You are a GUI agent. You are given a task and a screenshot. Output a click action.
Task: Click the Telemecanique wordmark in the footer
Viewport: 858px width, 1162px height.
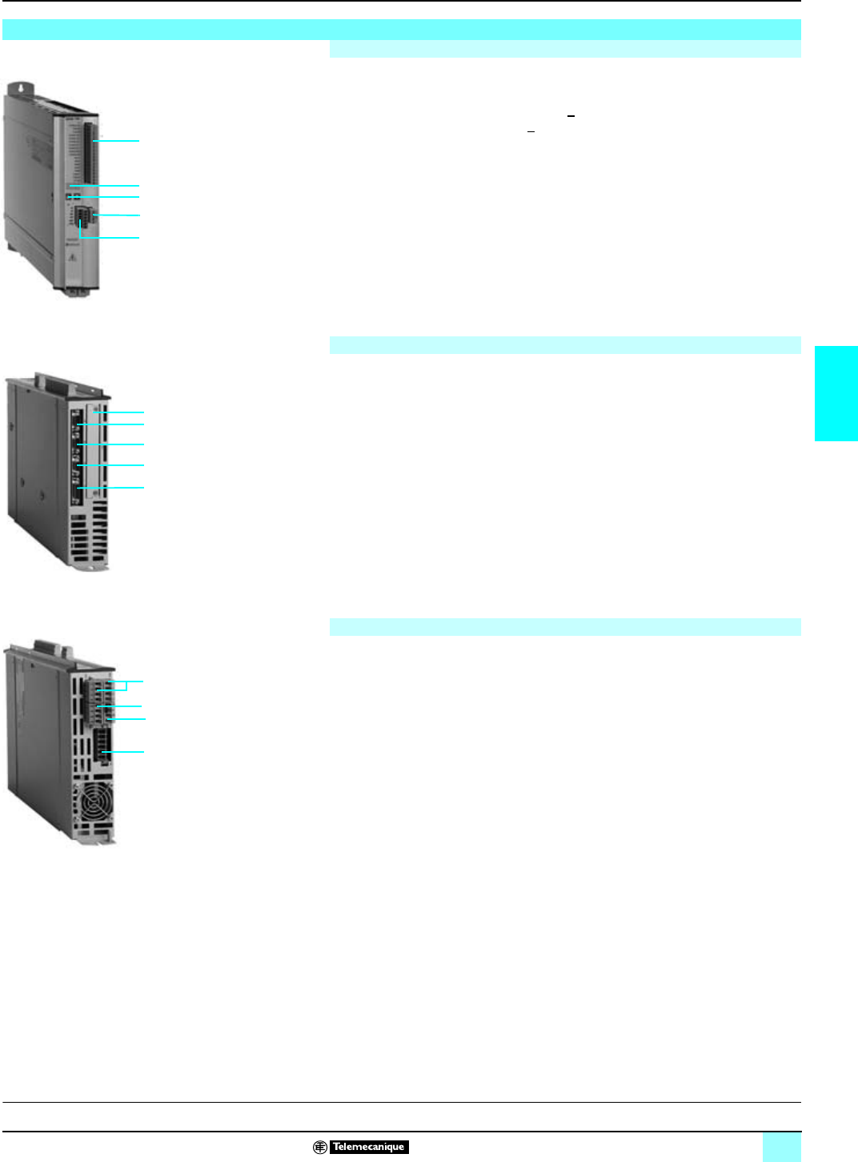(369, 1147)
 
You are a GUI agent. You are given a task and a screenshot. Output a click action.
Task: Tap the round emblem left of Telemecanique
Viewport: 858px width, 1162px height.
(320, 1147)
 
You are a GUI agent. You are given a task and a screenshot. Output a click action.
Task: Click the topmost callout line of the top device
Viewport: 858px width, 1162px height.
(118, 141)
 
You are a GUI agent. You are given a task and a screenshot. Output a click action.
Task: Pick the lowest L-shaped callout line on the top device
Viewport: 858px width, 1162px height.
(110, 237)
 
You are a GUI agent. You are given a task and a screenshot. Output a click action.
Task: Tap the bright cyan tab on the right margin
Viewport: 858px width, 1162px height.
(836, 393)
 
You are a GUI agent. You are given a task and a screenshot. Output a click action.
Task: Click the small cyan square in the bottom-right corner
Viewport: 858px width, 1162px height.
(781, 1147)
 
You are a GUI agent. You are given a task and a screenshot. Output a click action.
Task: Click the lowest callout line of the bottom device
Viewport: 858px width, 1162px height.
(124, 752)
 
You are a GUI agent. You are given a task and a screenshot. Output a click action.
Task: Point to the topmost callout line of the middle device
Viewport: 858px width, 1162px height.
(120, 412)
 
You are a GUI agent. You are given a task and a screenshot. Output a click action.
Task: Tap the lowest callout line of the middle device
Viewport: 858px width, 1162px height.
(112, 487)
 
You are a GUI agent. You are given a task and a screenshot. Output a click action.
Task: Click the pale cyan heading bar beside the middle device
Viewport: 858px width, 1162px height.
(565, 345)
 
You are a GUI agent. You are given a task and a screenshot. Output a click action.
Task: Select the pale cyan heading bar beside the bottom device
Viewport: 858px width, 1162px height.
(565, 627)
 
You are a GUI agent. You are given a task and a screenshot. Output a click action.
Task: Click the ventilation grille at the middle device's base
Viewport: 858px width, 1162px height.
(89, 537)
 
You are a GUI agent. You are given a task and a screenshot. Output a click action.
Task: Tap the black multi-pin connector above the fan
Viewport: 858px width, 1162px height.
(101, 748)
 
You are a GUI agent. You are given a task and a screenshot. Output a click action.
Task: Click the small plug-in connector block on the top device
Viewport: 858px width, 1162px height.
(86, 215)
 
